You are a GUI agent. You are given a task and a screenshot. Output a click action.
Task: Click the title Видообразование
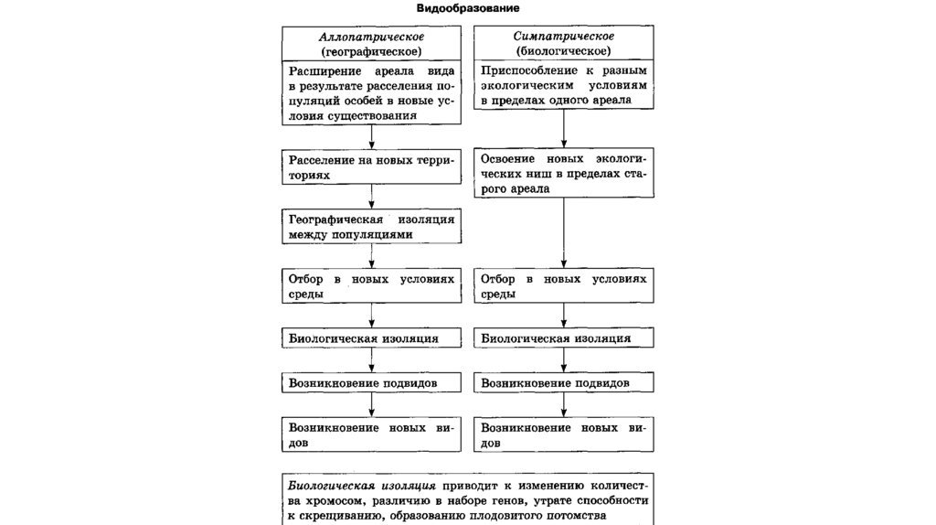468,7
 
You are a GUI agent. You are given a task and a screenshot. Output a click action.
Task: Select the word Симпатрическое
563,36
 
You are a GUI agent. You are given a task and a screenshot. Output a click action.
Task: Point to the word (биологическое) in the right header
563,51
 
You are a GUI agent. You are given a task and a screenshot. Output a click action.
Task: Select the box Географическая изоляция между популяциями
370,227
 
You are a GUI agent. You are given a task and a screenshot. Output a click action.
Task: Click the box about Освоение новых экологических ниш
563,173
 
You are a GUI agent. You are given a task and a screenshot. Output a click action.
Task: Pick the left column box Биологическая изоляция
370,338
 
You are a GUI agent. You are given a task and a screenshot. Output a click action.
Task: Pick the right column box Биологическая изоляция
563,338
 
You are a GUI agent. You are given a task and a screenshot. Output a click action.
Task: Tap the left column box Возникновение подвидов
370,381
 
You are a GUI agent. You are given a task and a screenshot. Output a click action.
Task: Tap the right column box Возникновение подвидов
563,381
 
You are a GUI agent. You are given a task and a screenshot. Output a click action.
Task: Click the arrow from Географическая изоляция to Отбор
370,255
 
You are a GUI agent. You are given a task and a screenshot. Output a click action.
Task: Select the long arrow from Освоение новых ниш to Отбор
563,232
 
